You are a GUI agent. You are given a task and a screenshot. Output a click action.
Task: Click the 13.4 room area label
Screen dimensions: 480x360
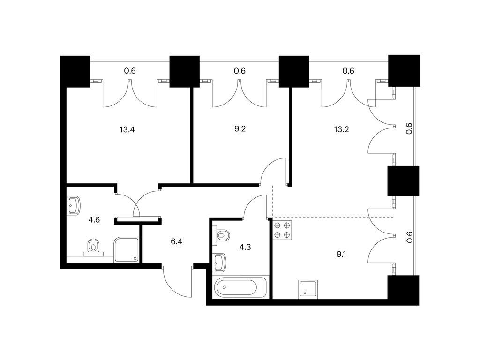click(x=127, y=129)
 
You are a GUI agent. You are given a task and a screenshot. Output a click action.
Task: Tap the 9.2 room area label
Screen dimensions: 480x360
click(x=240, y=128)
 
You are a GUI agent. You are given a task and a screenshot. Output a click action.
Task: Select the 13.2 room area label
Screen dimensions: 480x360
click(x=341, y=129)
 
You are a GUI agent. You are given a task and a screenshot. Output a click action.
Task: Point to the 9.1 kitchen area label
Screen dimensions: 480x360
click(x=341, y=254)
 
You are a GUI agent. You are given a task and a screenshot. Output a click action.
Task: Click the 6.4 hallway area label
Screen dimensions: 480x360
click(x=177, y=241)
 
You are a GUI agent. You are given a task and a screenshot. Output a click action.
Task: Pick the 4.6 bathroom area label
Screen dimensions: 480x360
click(x=94, y=219)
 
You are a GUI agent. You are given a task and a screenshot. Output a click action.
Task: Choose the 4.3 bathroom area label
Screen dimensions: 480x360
click(x=245, y=247)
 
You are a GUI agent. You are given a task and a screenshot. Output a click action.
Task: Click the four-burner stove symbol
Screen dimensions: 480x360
click(x=282, y=230)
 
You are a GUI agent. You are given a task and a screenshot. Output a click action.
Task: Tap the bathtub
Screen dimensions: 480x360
click(x=240, y=287)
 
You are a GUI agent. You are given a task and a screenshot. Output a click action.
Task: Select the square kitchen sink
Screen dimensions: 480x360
click(x=308, y=289)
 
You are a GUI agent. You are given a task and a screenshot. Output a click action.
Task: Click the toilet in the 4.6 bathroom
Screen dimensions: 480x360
click(x=94, y=247)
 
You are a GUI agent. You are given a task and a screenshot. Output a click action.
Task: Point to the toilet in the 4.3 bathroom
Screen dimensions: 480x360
click(x=222, y=235)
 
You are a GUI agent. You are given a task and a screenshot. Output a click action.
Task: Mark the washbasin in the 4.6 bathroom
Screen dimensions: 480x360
click(x=74, y=205)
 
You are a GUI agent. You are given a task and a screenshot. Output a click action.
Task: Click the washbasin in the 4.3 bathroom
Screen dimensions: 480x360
click(x=219, y=262)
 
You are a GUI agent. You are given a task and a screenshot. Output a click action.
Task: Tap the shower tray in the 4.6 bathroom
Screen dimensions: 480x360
click(x=127, y=249)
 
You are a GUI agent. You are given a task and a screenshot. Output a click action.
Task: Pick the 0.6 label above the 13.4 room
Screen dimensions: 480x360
click(x=130, y=71)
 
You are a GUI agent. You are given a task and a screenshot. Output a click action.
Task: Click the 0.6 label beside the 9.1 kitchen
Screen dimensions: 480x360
click(x=410, y=237)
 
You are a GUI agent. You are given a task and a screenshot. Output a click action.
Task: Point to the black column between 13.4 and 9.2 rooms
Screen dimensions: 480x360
click(x=185, y=72)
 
